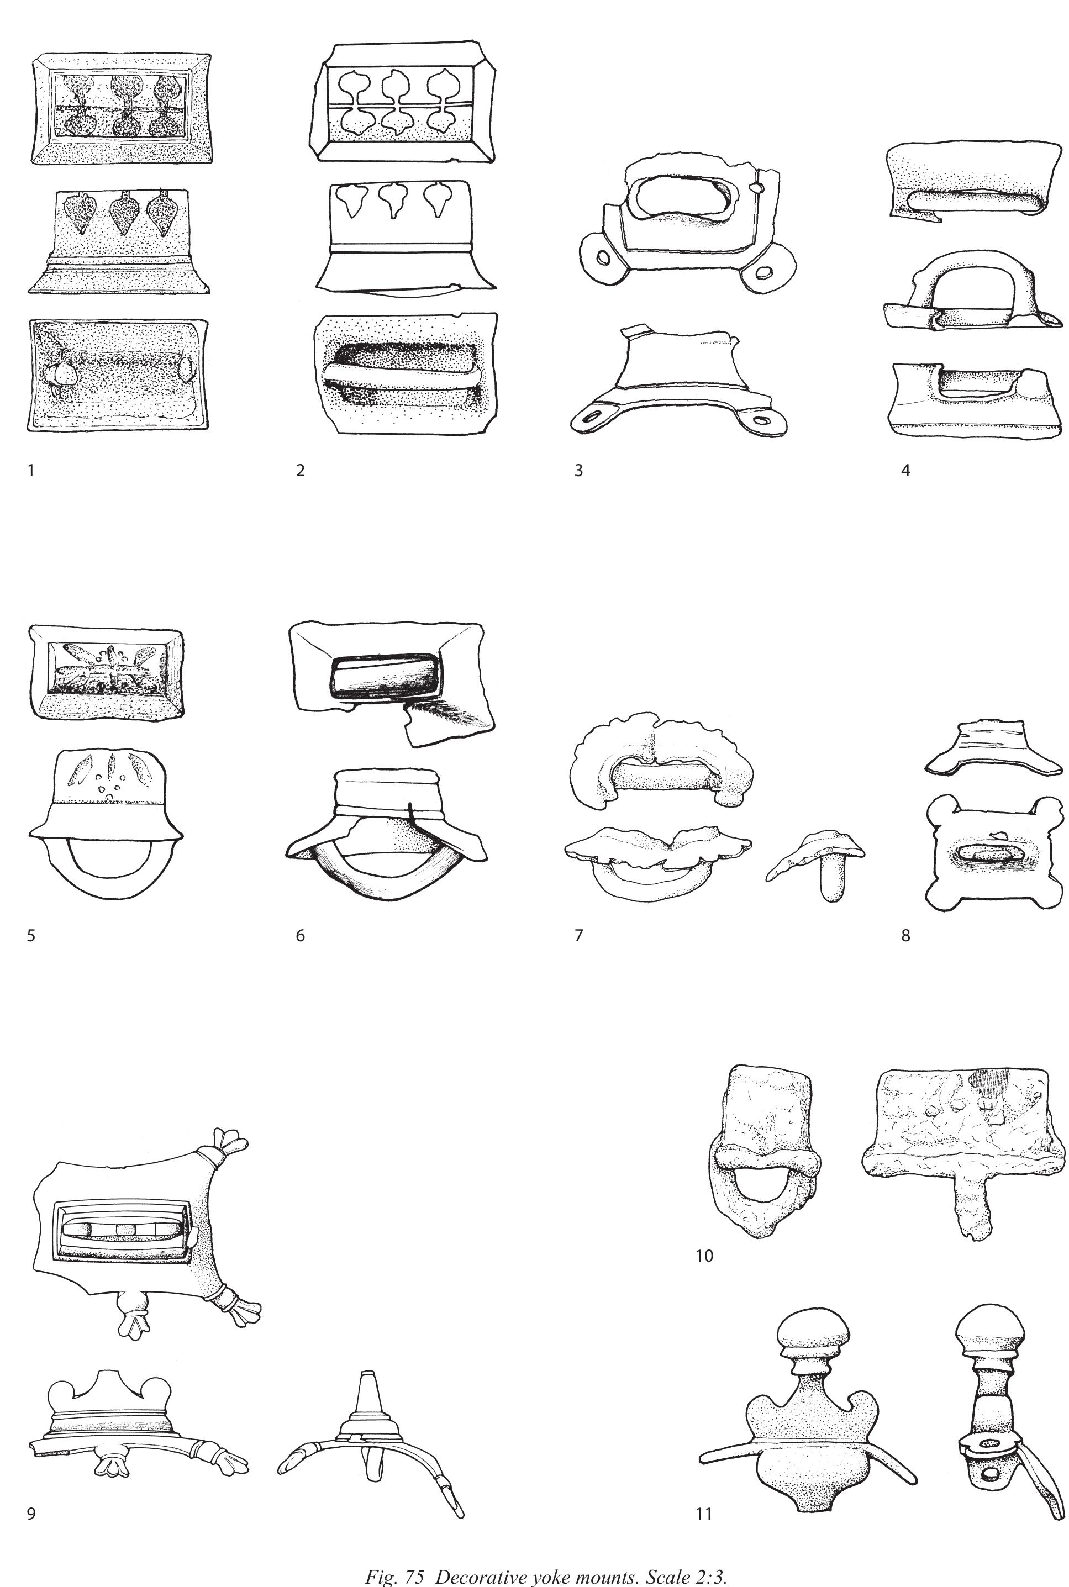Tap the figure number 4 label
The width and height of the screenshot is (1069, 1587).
coord(905,471)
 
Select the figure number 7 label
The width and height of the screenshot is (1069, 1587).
coord(578,935)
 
